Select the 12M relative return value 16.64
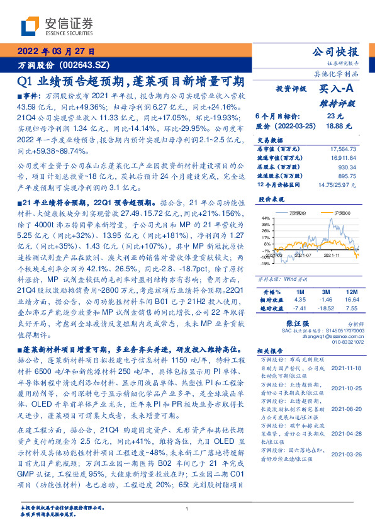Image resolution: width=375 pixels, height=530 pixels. (x=351, y=300)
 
